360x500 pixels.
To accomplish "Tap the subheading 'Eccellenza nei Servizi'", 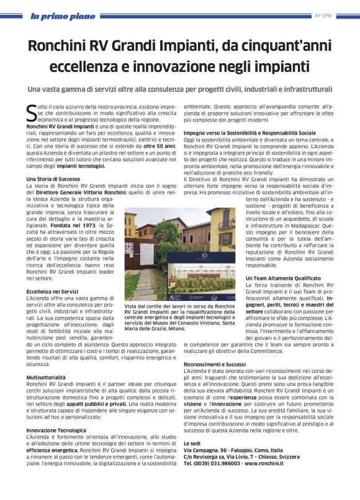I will (53, 290).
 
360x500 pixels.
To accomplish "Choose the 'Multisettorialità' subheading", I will (47, 377).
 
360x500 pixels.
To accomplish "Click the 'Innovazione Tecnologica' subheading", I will (56, 430).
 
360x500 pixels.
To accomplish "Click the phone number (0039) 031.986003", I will (218, 463).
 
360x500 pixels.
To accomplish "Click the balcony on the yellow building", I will (226, 225).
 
